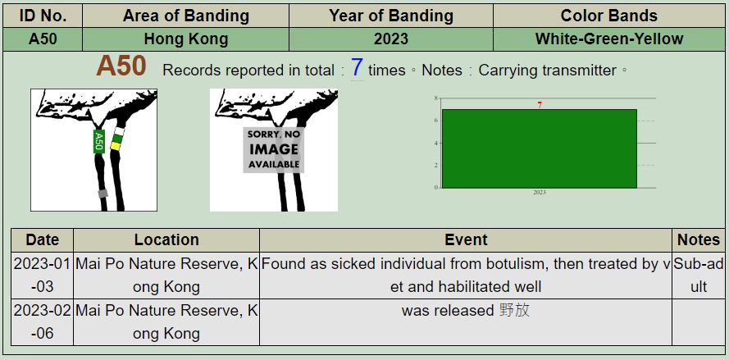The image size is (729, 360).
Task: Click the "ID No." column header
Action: pos(43,16)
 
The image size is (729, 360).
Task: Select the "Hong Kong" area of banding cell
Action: pos(186,39)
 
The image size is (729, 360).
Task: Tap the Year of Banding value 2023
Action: pos(391,39)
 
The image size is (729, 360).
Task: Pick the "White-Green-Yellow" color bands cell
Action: pos(609,39)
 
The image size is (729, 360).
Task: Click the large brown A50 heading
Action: pos(121,66)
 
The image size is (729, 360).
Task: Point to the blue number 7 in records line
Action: pos(357,67)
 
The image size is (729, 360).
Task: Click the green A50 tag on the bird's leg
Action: pos(98,141)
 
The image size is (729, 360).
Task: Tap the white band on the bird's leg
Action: pos(120,131)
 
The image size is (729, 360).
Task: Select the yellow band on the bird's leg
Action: pos(116,146)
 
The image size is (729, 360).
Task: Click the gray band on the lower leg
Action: pos(103,193)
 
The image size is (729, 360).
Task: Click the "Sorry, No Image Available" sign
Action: pos(273,150)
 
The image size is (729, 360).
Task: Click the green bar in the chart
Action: pos(540,148)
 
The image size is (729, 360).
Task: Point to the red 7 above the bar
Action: pos(540,105)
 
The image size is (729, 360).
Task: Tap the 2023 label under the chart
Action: pos(540,192)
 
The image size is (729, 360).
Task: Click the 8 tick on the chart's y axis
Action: pos(435,98)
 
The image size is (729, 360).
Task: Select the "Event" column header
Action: pos(466,240)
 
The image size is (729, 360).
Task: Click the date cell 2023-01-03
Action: pos(42,276)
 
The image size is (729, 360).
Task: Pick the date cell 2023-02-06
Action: pos(42,321)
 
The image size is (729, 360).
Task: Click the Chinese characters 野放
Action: pos(515,310)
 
